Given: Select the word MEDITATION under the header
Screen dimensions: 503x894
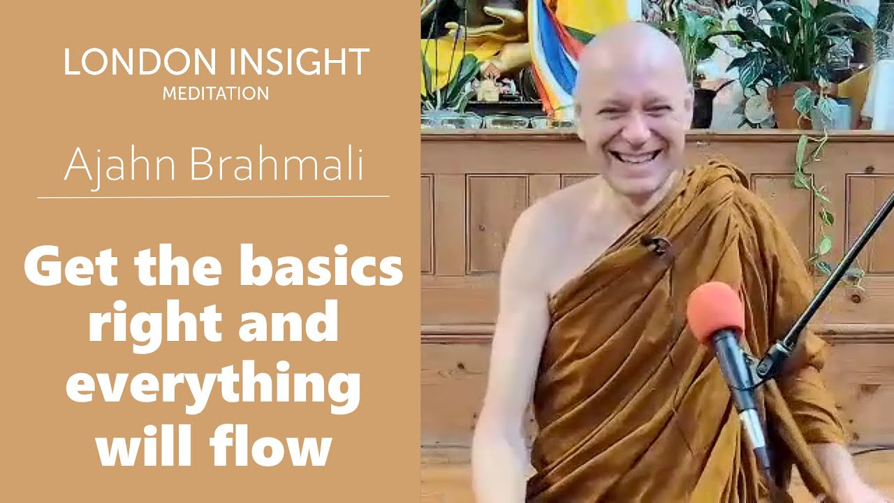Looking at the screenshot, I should click(216, 94).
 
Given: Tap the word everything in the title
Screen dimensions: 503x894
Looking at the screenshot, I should click(213, 391).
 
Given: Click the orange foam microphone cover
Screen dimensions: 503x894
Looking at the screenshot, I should click(715, 311).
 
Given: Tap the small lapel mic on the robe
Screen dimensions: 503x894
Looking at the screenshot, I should click(655, 243).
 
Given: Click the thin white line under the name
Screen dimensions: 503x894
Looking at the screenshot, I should click(213, 197).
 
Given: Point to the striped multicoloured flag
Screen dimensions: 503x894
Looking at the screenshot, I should click(552, 56).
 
